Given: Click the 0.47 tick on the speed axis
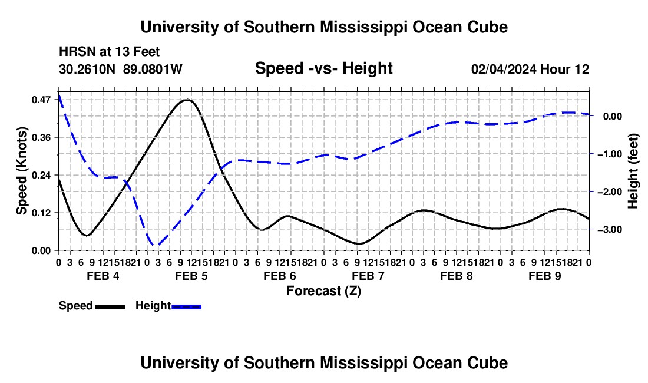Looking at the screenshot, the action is [41, 100].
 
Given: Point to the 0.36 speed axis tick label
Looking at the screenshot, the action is [41, 137].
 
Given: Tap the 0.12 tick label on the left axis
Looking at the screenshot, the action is [41, 213].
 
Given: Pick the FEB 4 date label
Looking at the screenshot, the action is [103, 276].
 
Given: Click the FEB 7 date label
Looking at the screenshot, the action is [368, 276].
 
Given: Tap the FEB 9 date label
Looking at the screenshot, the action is [545, 276].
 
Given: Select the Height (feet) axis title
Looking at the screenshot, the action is [633, 171].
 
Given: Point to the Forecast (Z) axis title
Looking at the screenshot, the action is [324, 291].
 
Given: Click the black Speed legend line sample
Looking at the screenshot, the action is [110, 306].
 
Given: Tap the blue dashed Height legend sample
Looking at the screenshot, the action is [186, 306].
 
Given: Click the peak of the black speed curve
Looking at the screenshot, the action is [187, 100].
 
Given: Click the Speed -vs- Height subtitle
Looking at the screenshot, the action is [324, 68].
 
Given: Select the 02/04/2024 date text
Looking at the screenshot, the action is [504, 69].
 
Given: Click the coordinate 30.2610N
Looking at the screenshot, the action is [87, 69].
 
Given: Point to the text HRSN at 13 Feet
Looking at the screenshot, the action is [109, 52].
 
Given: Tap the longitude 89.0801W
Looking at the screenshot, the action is [153, 69].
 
